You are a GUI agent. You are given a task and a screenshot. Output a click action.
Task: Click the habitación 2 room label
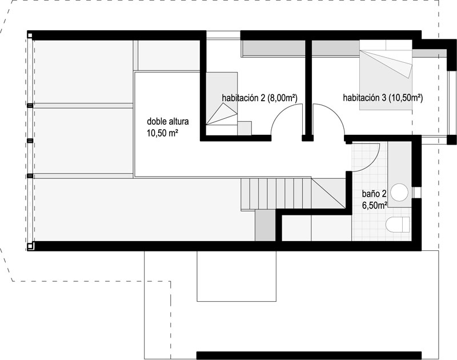(259, 98)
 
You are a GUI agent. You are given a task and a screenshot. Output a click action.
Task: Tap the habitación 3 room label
(383, 98)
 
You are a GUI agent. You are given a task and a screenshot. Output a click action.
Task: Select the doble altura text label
(167, 121)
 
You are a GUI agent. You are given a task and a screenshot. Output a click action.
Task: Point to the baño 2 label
(374, 194)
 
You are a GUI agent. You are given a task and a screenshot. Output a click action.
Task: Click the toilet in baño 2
(398, 225)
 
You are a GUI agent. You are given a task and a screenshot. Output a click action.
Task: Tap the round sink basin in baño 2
(399, 193)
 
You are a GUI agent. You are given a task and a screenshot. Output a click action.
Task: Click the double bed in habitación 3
(386, 75)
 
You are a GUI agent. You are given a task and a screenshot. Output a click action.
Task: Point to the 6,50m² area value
(375, 205)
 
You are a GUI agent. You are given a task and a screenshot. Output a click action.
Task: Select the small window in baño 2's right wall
(417, 193)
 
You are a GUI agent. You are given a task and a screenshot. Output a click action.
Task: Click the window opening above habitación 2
(223, 35)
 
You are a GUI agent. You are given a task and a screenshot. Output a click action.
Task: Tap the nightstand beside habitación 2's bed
(244, 128)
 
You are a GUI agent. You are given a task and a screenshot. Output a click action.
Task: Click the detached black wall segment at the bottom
(309, 355)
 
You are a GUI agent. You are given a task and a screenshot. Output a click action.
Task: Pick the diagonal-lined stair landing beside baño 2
(328, 193)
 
